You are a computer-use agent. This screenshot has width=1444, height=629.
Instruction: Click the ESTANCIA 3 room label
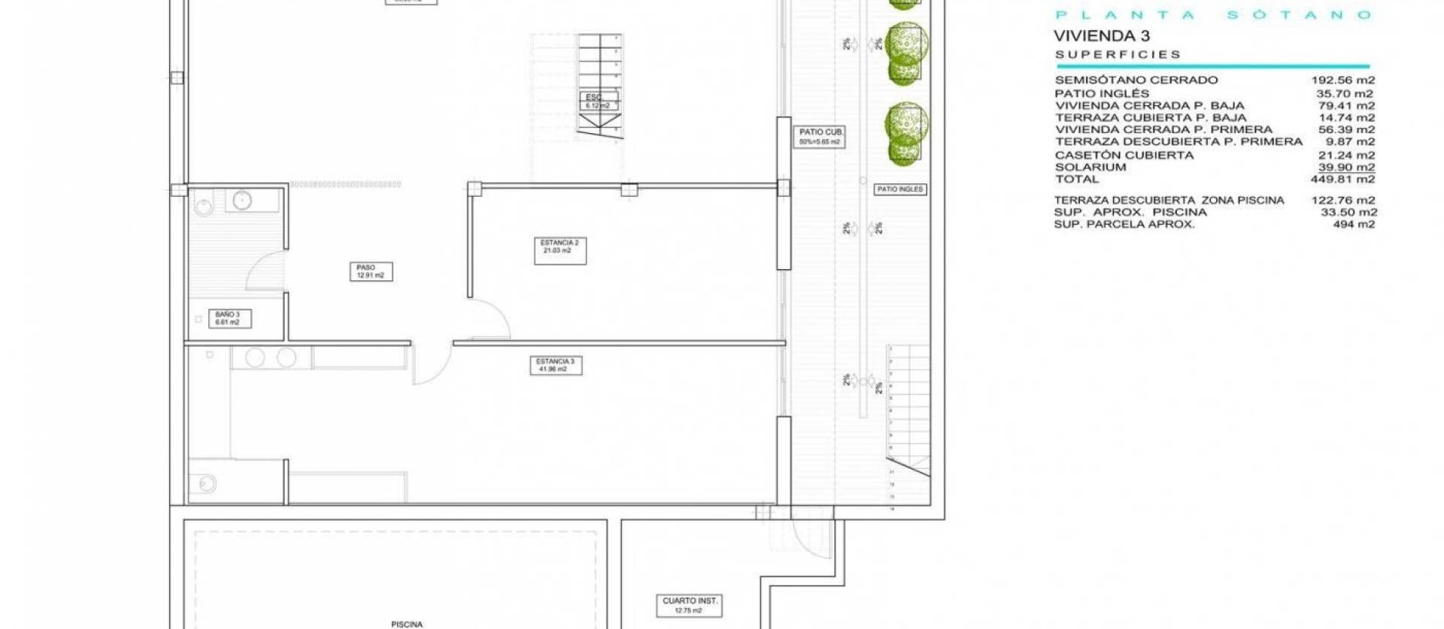[555, 365]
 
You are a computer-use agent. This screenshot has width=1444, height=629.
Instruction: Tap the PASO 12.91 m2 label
[370, 271]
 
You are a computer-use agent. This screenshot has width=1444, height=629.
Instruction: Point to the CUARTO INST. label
[690, 605]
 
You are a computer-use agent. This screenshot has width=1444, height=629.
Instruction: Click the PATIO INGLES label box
[899, 189]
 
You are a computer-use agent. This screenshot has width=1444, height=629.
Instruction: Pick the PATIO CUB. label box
[820, 137]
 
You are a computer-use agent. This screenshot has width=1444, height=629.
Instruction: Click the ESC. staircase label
[598, 101]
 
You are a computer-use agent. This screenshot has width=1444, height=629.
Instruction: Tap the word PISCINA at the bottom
[406, 624]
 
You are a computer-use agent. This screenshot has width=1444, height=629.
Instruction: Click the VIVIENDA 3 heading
[1101, 35]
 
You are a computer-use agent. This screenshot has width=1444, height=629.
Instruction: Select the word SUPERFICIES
[1118, 55]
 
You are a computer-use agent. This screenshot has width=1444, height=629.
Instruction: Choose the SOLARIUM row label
[1090, 168]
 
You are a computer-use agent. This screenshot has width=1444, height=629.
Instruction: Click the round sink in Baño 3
[241, 201]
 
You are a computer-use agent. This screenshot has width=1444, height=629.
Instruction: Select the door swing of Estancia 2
[490, 319]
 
